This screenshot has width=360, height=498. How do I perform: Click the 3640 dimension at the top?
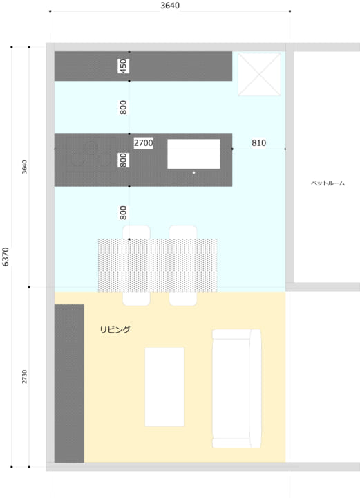[170, 6]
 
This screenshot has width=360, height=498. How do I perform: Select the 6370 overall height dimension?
[6, 257]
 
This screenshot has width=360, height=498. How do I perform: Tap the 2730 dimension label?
[24, 376]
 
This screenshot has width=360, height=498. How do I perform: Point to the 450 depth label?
[124, 66]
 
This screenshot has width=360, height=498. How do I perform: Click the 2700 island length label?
[143, 143]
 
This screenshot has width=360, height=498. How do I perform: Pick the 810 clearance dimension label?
[259, 143]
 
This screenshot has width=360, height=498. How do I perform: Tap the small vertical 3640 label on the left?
[24, 167]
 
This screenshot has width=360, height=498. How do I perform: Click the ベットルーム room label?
[328, 183]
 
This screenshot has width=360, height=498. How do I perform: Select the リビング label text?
[115, 330]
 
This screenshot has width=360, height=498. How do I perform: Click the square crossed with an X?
[259, 74]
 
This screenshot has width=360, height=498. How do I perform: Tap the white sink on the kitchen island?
[193, 154]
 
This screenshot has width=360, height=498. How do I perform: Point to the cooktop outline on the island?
[91, 155]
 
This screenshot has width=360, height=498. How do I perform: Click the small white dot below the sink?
[193, 172]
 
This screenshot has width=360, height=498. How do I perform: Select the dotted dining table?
[158, 265]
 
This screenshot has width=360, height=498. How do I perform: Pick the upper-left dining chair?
[136, 232]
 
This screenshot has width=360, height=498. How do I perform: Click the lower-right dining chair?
[183, 299]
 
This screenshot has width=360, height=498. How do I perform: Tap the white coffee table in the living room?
[164, 387]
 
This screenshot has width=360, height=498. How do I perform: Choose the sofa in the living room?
[236, 389]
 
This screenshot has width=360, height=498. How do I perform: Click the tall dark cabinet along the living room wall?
[69, 383]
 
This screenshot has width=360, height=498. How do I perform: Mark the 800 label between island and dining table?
[124, 213]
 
